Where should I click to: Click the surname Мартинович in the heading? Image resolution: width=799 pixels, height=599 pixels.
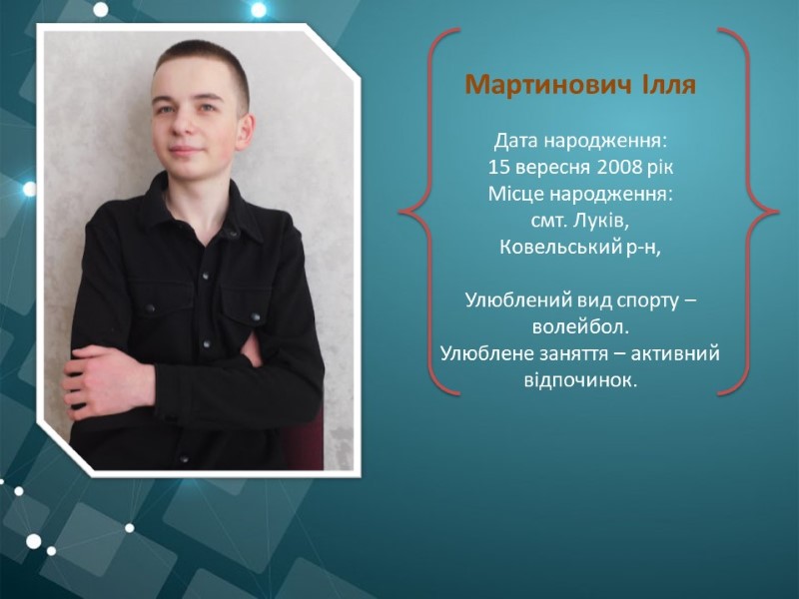pos(547,85)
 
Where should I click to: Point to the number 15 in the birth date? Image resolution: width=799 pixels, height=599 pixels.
pos(498,167)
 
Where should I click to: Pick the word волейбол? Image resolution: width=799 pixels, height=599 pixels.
pos(580,326)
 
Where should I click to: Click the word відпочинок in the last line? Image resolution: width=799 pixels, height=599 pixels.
pos(580,379)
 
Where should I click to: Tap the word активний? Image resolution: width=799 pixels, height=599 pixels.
pos(675,353)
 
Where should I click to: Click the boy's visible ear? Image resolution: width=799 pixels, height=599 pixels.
pos(245,132)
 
